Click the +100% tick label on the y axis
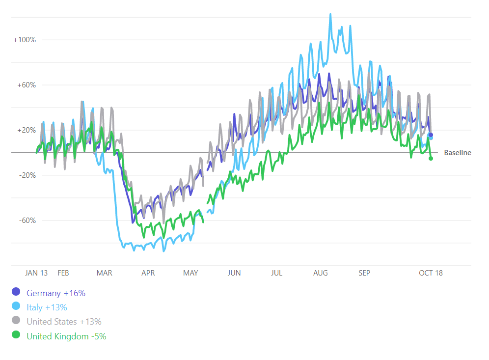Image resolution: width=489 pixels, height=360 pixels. coord(25,40)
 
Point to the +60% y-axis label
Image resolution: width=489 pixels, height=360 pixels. coord(26,85)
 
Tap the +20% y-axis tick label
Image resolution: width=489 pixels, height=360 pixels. coord(26,130)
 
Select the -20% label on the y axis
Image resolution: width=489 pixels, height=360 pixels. coord(27,175)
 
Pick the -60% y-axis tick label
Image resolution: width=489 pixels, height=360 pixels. coord(27,221)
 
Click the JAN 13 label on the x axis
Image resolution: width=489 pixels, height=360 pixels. coord(36,273)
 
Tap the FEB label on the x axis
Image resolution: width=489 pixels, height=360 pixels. coord(63,273)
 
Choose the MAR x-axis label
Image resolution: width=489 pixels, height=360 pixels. coord(104,273)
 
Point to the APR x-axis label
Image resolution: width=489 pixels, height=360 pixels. coord(148,273)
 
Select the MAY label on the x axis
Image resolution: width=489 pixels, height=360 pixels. coord(190,273)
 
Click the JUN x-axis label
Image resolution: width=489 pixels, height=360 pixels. coord(234,273)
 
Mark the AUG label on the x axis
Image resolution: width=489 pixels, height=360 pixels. coord(321,273)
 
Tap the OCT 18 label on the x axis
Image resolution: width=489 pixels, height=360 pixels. coord(431,273)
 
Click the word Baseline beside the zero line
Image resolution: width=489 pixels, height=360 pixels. coord(457,153)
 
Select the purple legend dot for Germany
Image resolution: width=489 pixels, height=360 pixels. coord(16,293)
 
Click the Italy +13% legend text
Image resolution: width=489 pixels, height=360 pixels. coord(47,307)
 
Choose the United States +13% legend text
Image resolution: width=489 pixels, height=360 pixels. coord(64,322)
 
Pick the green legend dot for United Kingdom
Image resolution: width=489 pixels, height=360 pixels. coord(16,336)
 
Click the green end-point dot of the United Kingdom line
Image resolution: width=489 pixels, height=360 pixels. coord(431,158)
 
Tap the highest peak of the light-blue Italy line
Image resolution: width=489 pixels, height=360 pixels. coord(330,14)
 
